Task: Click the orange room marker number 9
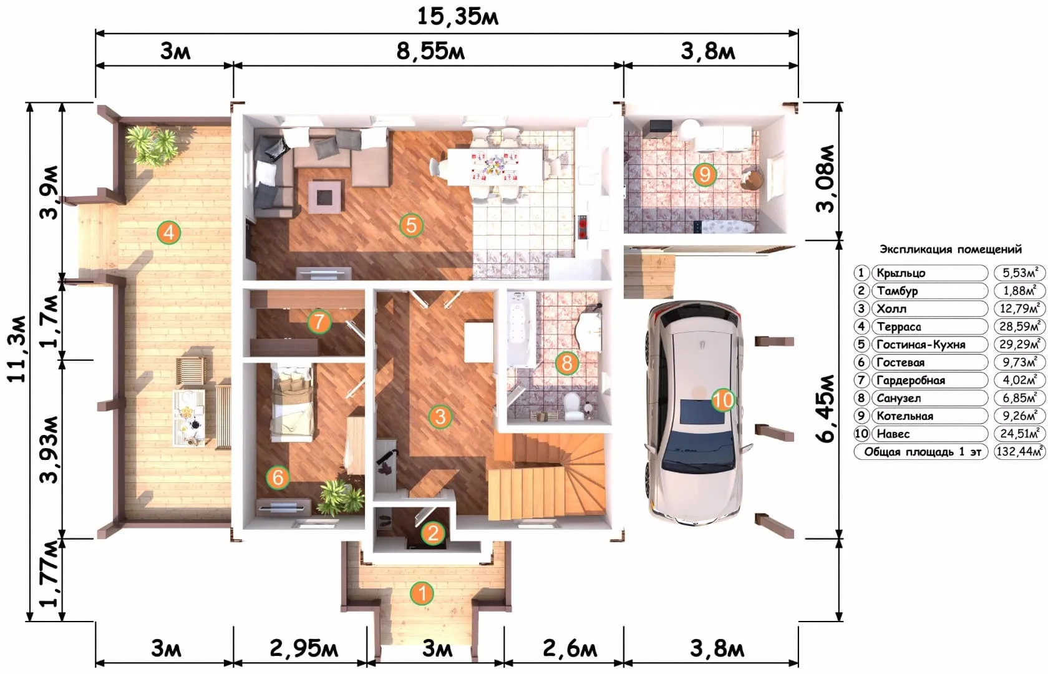704,175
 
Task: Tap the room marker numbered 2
433,533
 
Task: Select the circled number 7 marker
319,322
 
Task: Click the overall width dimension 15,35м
458,16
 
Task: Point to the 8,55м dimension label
430,51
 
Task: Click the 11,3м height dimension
17,349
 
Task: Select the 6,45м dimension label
826,408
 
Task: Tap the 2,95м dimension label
304,649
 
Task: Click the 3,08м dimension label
826,178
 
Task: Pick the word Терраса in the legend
899,327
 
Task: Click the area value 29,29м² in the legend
1019,344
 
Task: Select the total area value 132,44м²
1019,452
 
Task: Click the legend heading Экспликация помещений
950,249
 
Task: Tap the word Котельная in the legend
905,416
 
